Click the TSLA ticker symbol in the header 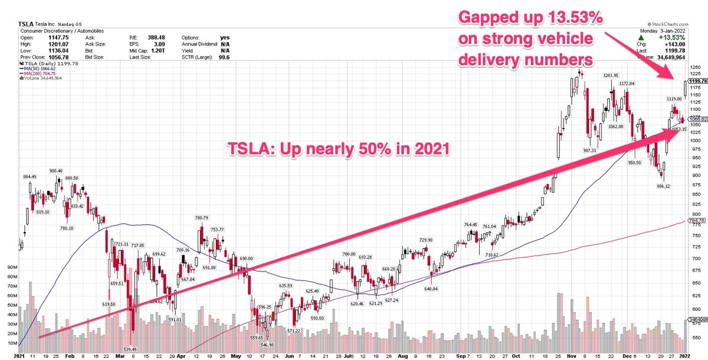27,25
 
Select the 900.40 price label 56,171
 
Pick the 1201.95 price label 611,76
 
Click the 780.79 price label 201,218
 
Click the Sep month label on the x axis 458,356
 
